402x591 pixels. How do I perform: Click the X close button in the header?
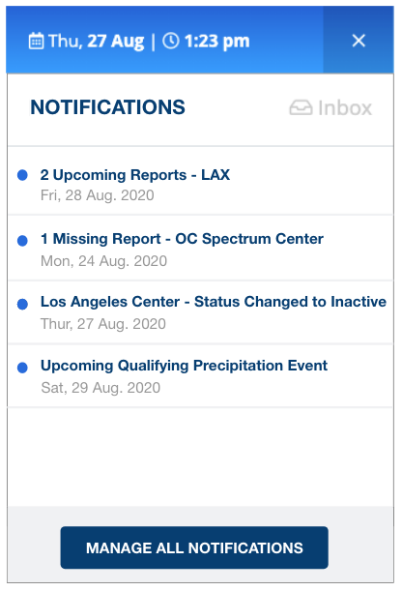[359, 41]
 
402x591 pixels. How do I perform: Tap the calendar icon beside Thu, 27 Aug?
[36, 41]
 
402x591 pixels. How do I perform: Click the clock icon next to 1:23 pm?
[170, 41]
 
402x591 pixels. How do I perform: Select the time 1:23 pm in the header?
[216, 41]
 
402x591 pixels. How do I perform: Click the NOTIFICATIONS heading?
[107, 107]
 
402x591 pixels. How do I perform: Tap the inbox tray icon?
[301, 107]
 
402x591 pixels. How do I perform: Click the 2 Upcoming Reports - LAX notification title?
[134, 175]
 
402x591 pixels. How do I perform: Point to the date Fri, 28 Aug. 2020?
[97, 195]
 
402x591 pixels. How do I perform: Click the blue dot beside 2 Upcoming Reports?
[22, 175]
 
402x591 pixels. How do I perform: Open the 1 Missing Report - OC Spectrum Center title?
[182, 239]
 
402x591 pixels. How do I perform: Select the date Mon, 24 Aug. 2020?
[104, 261]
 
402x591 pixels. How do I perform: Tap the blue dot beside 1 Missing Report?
[22, 241]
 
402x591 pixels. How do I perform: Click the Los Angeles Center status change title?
[214, 302]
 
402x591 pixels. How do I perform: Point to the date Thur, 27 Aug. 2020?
[103, 324]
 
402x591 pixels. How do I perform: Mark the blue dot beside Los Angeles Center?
[22, 304]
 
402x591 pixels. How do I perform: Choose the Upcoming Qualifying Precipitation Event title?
[184, 366]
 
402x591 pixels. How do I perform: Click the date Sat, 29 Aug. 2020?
[100, 388]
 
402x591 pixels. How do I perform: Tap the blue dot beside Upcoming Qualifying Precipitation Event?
[22, 368]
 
